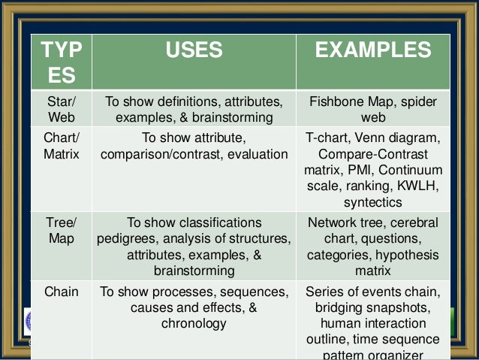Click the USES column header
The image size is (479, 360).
194,51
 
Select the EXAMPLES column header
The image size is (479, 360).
373,51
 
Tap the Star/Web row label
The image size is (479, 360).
62,110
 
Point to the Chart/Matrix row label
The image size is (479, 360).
62,147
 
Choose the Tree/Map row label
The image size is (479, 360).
62,231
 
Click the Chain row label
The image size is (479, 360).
62,292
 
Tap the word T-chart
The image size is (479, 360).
327,138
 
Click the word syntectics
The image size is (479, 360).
373,203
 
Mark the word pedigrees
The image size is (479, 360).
128,239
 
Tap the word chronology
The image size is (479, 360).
194,324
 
